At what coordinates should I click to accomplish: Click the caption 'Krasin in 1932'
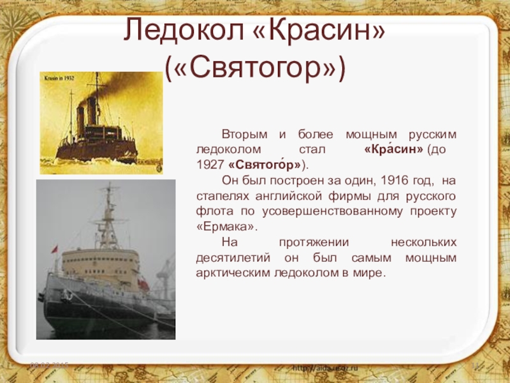[60, 78]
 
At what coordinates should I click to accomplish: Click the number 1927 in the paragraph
[210, 164]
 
